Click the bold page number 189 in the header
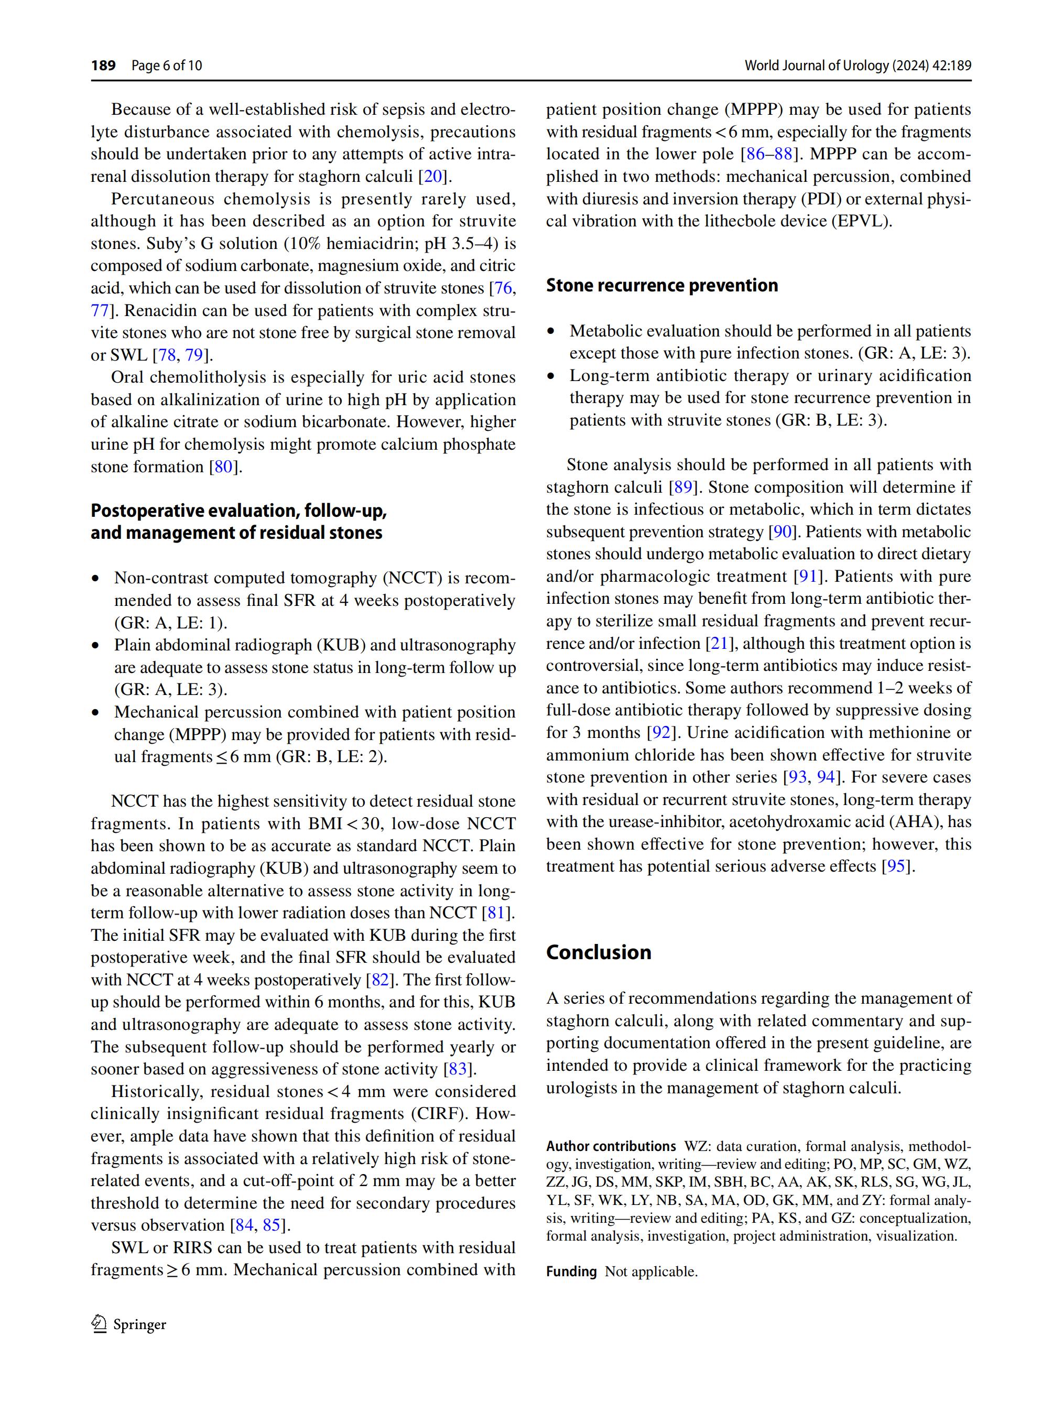pyautogui.click(x=103, y=65)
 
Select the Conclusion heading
pyautogui.click(x=598, y=952)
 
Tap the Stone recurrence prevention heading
pyautogui.click(x=661, y=285)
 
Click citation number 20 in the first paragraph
pyautogui.click(x=433, y=176)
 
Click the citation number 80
pyautogui.click(x=223, y=466)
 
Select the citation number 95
pyautogui.click(x=897, y=866)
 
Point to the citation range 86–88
pyautogui.click(x=769, y=154)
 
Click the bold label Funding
pyautogui.click(x=571, y=1272)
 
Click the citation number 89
pyautogui.click(x=682, y=487)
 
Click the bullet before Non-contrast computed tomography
pyautogui.click(x=96, y=578)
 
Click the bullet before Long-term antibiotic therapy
pyautogui.click(x=551, y=376)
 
